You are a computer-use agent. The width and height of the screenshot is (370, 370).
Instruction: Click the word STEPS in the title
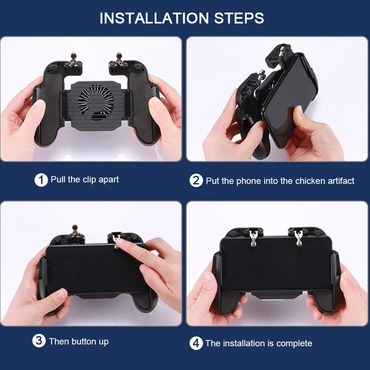(x=239, y=18)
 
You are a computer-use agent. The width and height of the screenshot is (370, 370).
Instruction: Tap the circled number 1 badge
(x=41, y=180)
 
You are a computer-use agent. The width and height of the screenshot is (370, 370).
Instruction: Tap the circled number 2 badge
(x=196, y=181)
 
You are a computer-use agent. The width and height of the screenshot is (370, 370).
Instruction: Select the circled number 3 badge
(x=39, y=341)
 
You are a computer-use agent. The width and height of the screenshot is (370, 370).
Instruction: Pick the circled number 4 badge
(x=196, y=343)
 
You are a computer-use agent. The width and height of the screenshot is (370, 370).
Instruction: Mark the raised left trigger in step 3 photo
(x=75, y=232)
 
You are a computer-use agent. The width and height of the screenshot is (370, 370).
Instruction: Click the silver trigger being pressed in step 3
(x=117, y=239)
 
